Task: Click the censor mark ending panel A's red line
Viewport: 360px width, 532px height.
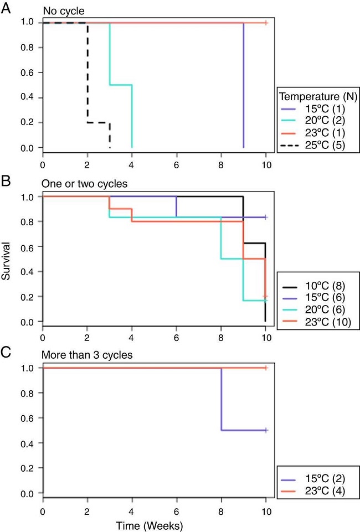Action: pos(266,23)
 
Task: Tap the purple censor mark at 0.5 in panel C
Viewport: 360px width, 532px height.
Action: pos(266,430)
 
